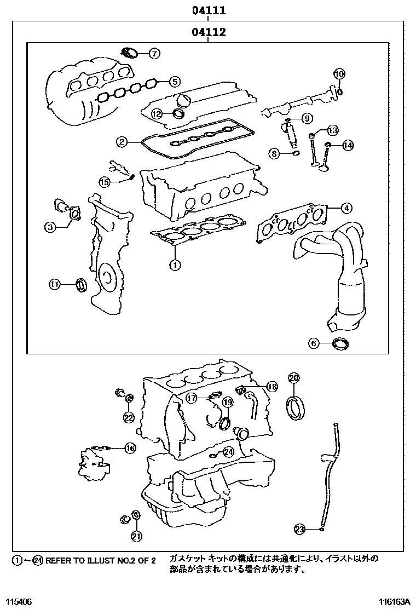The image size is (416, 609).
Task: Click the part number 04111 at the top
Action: tap(209, 10)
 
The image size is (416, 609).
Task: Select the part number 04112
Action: tap(209, 32)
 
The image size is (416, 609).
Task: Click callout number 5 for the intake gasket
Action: tap(174, 82)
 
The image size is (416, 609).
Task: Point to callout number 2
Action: tap(122, 142)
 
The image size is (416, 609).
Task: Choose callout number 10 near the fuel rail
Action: tap(339, 74)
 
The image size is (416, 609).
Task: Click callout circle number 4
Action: tap(346, 208)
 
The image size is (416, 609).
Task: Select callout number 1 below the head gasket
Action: tap(175, 266)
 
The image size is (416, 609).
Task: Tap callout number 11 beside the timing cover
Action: tap(54, 284)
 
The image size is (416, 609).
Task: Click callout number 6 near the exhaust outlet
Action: tap(314, 343)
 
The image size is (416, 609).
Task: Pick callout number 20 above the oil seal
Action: tap(294, 378)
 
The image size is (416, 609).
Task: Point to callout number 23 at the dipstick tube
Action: tap(299, 529)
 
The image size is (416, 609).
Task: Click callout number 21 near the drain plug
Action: tap(136, 535)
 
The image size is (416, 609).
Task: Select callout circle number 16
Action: tap(129, 449)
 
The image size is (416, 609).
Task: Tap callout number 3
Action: tap(50, 227)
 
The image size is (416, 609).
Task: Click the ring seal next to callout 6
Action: tap(340, 344)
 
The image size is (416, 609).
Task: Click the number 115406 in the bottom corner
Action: tap(20, 601)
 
